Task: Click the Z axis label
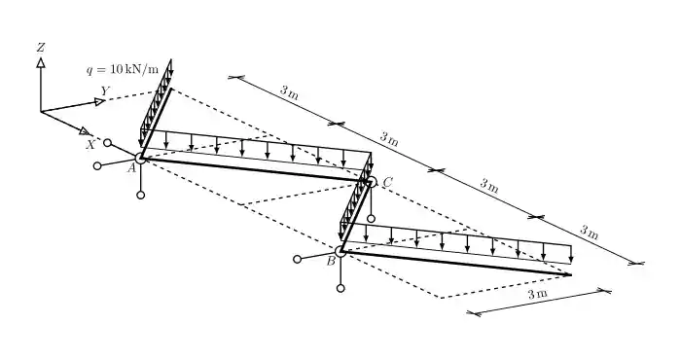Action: click(41, 47)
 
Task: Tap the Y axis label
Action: click(105, 90)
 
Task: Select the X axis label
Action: click(90, 145)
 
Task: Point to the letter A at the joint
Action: click(131, 167)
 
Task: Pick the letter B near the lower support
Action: click(331, 261)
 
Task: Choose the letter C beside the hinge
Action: click(387, 182)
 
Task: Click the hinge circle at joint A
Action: click(141, 158)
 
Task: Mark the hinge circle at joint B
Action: click(340, 252)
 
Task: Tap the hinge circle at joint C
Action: click(371, 182)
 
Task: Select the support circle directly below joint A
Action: click(141, 196)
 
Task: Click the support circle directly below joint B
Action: click(340, 288)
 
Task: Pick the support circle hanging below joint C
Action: click(371, 218)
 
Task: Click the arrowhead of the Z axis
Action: click(41, 62)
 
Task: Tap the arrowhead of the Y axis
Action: click(100, 101)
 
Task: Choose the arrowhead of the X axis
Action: click(85, 130)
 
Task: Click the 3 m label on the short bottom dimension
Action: click(535, 293)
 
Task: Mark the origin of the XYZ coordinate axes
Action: click(41, 112)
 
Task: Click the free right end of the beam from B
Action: click(572, 275)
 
